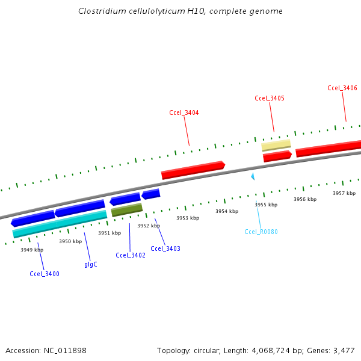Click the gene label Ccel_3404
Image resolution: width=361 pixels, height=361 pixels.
pos(184,113)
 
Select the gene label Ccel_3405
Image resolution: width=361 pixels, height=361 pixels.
pos(270,98)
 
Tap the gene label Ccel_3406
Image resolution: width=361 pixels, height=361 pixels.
pos(342,88)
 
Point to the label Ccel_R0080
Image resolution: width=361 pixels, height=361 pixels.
pos(261,232)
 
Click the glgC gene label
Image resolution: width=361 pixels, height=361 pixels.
pos(91,264)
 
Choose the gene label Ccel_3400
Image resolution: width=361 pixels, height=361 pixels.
pos(45,274)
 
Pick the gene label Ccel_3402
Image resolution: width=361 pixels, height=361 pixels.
pos(131,255)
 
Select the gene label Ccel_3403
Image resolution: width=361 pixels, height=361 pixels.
pos(165,248)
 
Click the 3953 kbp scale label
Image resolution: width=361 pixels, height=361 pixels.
pos(187,218)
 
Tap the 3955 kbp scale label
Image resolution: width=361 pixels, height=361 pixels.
pos(266,205)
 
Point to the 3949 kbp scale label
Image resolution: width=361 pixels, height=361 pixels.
pos(32,249)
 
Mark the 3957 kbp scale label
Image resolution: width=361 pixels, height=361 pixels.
pos(344,193)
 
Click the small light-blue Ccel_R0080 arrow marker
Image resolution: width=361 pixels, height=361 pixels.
pos(253,176)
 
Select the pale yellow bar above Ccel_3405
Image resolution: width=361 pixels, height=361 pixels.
pos(276,145)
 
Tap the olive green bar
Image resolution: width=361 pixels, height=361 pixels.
pos(127,209)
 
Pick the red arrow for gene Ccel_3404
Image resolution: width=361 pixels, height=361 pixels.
pos(193,170)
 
